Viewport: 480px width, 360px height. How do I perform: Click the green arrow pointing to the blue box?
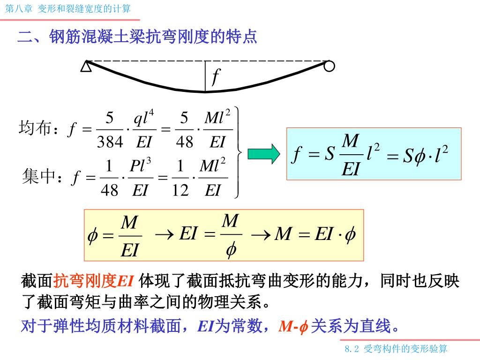[x=263, y=153]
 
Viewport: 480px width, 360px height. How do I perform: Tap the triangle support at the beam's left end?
[x=86, y=67]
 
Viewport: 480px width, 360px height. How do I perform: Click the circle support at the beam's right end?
[x=330, y=66]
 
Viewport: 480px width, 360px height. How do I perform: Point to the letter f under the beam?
[x=216, y=75]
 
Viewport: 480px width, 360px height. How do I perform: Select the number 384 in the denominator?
[x=110, y=142]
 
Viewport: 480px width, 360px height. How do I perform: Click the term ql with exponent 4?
[x=144, y=118]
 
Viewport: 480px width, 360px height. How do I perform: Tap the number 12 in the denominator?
[x=180, y=190]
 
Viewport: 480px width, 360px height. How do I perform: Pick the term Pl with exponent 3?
[x=140, y=166]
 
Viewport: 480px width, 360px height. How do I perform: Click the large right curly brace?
[x=239, y=152]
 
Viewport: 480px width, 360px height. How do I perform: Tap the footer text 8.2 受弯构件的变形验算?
[x=396, y=349]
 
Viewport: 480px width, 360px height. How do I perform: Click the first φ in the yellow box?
[x=92, y=236]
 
